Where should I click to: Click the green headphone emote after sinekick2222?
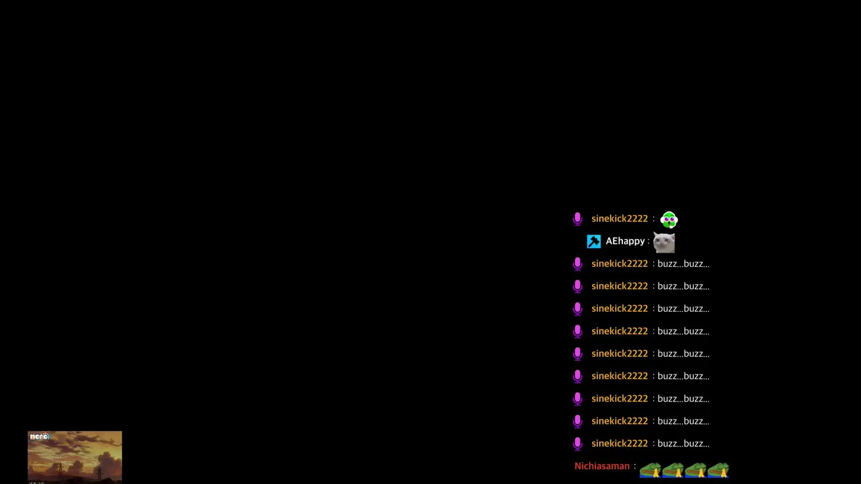click(x=669, y=220)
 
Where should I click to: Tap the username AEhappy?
click(x=625, y=241)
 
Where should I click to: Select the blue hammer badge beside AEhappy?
click(x=593, y=241)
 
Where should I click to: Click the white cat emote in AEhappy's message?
click(x=664, y=243)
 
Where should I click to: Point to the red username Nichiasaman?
click(x=602, y=466)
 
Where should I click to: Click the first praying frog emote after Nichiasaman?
click(x=650, y=470)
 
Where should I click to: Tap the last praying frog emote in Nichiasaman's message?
click(x=718, y=470)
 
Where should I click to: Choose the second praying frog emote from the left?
click(x=673, y=470)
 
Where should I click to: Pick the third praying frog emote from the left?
click(x=696, y=470)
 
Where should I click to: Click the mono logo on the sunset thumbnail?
click(x=40, y=436)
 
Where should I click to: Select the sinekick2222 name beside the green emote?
click(x=620, y=218)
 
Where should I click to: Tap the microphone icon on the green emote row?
click(x=577, y=219)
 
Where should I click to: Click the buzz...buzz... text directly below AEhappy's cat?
click(x=683, y=264)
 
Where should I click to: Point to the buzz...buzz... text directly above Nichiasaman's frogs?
click(x=683, y=444)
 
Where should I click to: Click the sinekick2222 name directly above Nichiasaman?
click(x=620, y=443)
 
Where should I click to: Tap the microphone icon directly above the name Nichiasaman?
click(x=577, y=444)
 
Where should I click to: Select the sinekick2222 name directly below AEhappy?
click(x=620, y=264)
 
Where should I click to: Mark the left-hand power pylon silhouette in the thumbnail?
click(x=60, y=471)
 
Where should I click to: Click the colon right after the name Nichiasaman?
click(x=634, y=467)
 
